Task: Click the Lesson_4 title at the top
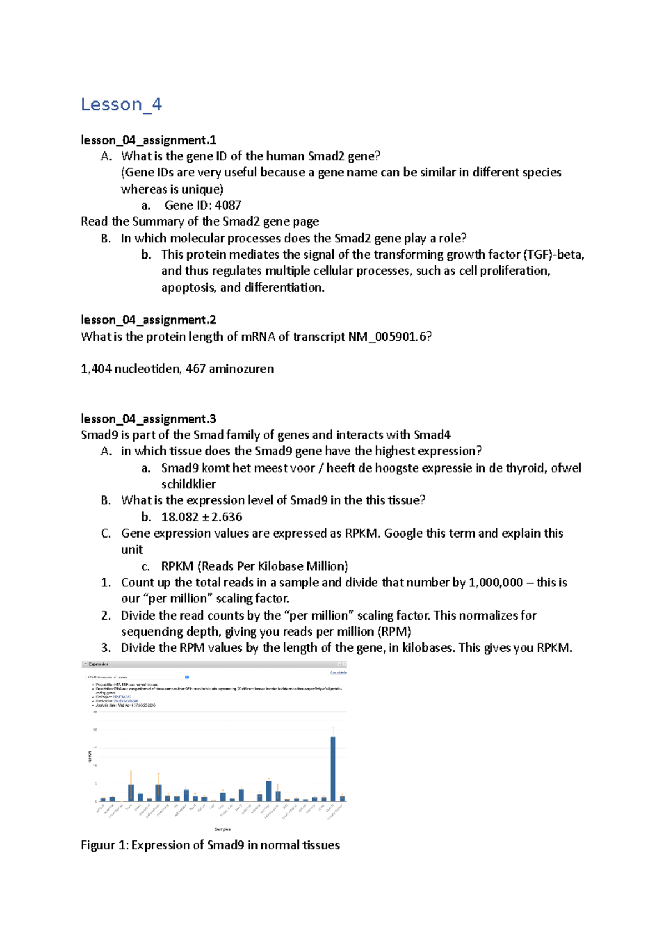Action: point(121,104)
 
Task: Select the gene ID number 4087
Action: point(228,205)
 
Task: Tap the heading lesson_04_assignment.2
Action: point(148,320)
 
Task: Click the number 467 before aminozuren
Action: point(195,369)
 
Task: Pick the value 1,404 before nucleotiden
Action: point(96,369)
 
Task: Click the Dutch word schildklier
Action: point(188,484)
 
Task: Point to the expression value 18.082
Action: point(179,517)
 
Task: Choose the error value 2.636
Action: point(226,517)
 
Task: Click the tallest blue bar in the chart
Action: point(333,768)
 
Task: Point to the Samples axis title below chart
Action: point(223,829)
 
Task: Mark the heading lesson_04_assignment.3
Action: point(148,419)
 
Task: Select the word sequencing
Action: point(152,632)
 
